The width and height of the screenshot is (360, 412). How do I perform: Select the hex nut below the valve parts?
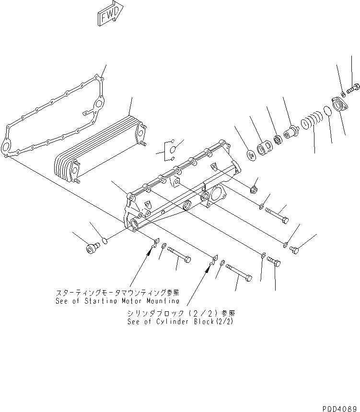255,188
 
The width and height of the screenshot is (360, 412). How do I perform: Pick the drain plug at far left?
91,248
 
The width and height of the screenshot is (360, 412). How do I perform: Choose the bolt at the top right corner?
354,88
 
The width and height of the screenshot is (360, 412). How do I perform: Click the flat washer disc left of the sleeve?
250,156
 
